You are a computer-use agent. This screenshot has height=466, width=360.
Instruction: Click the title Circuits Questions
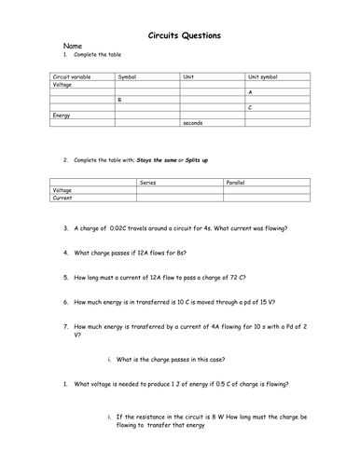(x=185, y=36)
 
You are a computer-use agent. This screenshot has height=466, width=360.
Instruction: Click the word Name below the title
(x=72, y=46)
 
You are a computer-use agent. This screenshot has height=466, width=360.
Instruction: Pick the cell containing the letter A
(x=250, y=92)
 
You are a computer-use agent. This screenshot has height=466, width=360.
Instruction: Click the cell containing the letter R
(x=119, y=100)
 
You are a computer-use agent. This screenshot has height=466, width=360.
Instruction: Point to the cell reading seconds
(x=194, y=123)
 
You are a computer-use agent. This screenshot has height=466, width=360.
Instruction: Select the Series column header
(x=147, y=183)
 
